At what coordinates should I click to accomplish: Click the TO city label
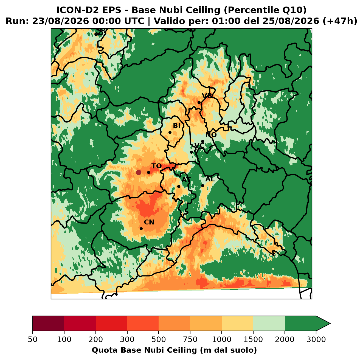click(157, 166)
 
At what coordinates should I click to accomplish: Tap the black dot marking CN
click(141, 229)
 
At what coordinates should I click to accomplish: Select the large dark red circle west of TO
click(139, 172)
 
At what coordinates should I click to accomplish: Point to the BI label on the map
click(176, 126)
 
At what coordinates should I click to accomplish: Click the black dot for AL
click(202, 186)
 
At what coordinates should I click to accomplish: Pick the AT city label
click(186, 180)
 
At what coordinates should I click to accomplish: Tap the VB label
click(207, 96)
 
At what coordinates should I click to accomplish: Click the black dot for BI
click(170, 133)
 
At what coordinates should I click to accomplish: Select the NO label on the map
click(211, 135)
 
